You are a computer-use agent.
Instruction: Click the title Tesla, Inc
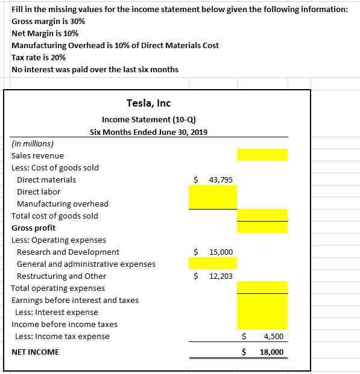tap(148, 104)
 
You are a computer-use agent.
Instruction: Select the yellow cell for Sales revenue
tap(262, 155)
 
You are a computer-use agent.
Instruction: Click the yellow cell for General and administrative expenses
tap(213, 264)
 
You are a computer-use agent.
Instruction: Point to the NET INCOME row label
tap(36, 352)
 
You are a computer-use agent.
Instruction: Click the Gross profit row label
tap(34, 228)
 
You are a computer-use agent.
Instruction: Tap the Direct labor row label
tap(39, 192)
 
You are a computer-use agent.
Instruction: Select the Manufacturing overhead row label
tap(63, 204)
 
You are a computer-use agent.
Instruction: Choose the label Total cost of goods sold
tap(55, 216)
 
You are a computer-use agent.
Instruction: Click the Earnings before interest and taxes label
tap(75, 300)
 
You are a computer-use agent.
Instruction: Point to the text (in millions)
tap(33, 143)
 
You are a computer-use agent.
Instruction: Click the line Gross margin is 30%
tap(48, 21)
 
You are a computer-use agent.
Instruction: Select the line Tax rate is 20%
tap(39, 57)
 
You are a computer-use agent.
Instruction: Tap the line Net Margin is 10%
tap(45, 33)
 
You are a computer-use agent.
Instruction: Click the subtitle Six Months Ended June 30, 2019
tap(148, 131)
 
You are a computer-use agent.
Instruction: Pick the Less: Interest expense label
tap(57, 312)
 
